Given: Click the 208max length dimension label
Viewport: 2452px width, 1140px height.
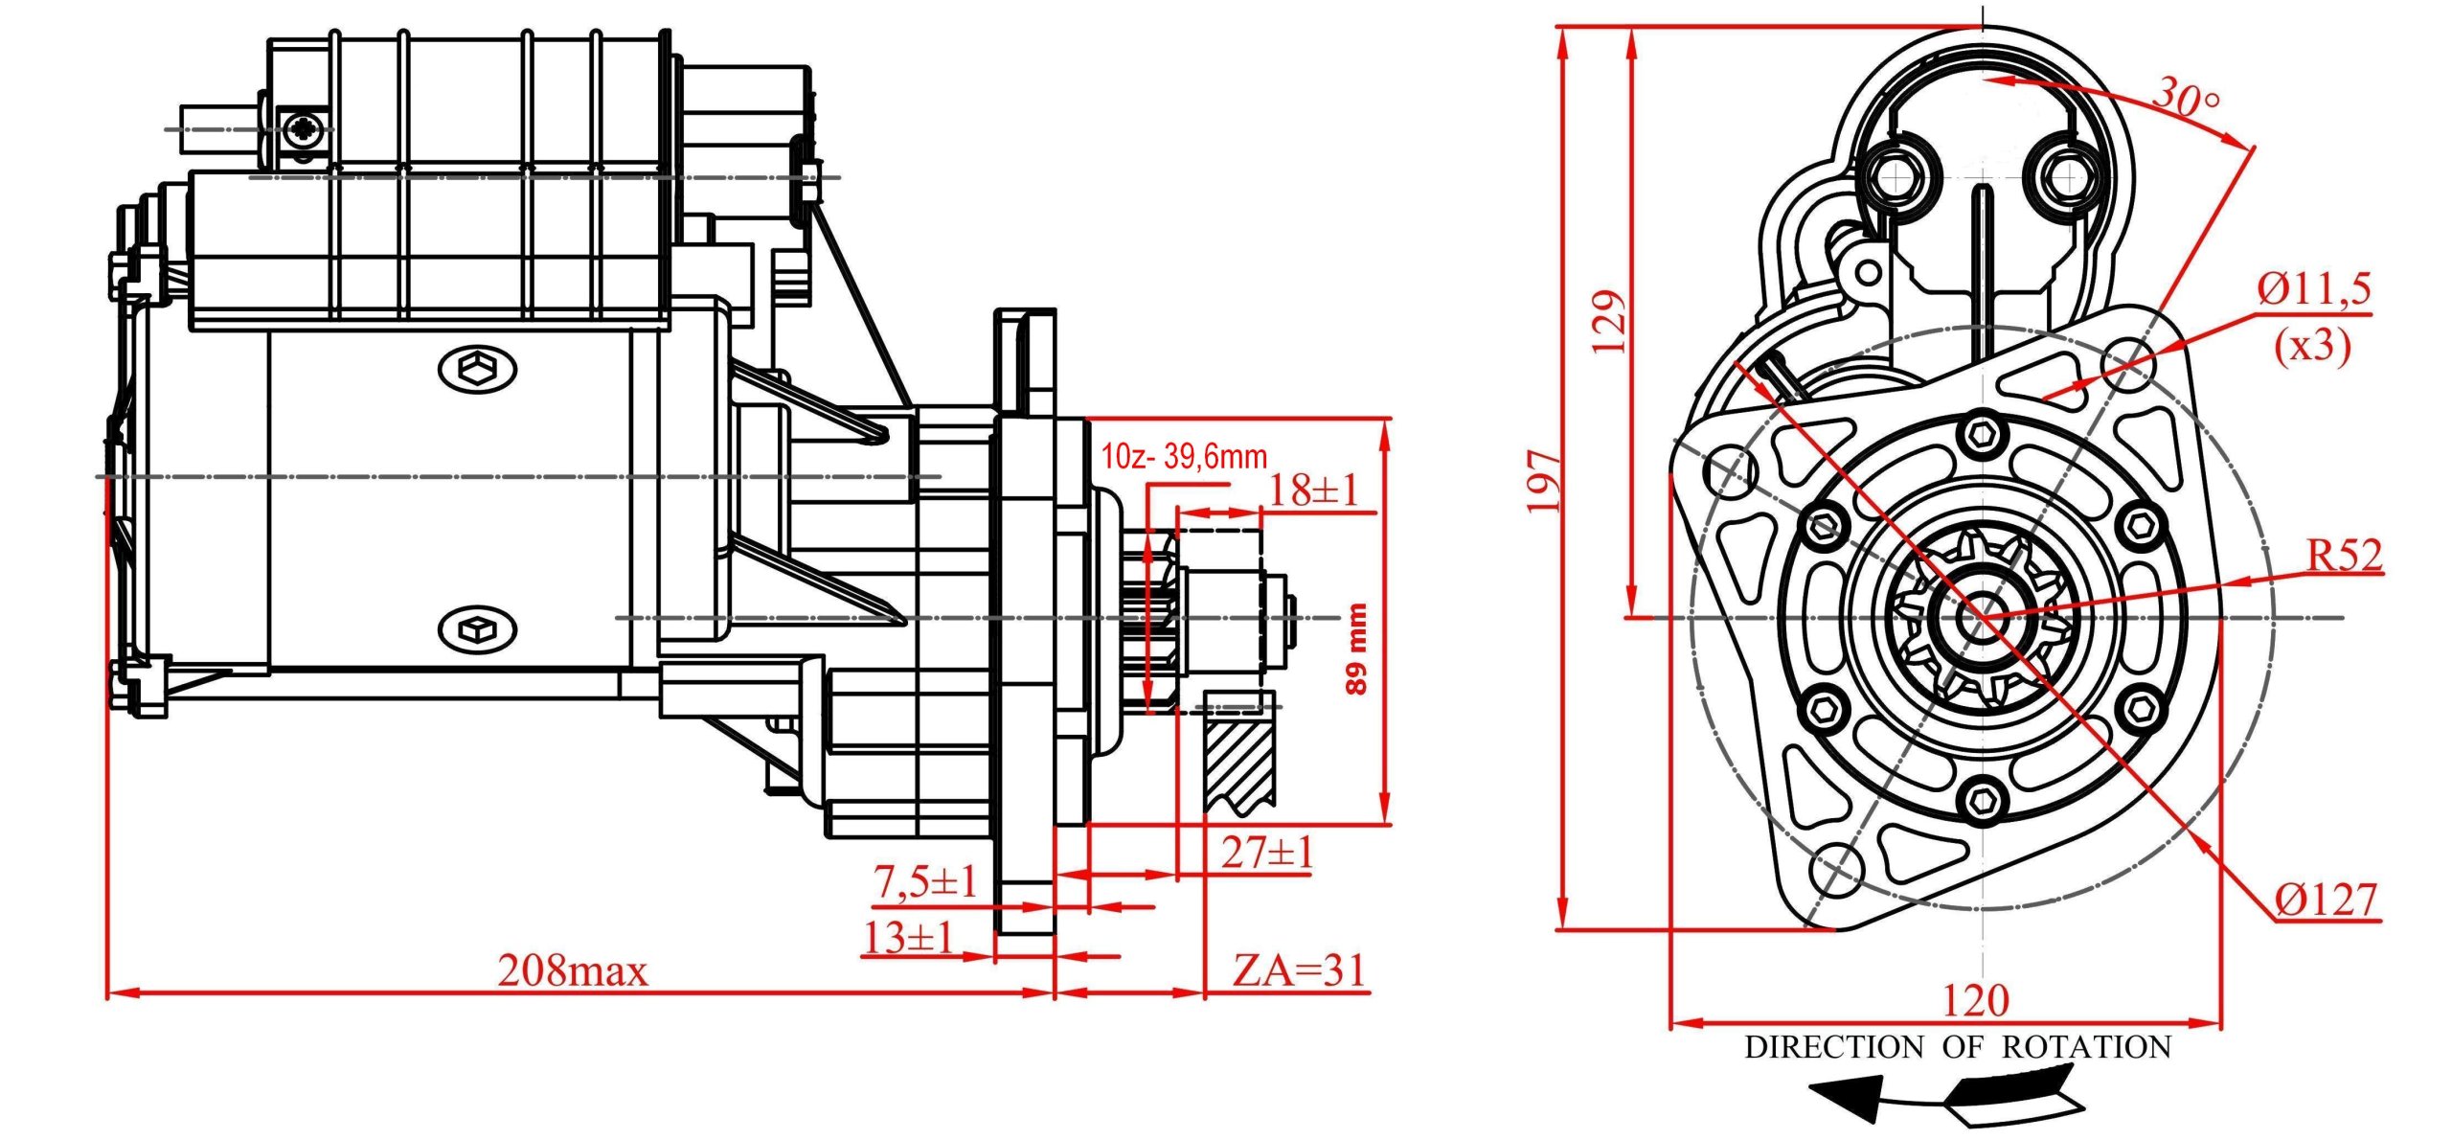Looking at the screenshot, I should pos(572,971).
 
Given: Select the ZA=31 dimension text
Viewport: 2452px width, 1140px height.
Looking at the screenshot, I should pos(1298,970).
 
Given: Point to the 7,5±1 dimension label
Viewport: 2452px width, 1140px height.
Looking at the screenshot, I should pos(924,881).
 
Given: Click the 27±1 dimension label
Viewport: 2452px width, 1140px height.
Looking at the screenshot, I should pos(1266,852).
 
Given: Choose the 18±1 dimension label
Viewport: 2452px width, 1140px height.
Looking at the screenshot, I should pos(1313,490).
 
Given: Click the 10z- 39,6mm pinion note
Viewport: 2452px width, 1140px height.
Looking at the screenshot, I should pos(1184,456).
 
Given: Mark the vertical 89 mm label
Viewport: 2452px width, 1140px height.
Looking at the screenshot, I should pos(1356,649).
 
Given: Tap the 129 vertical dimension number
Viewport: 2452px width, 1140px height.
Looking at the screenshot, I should pos(1609,321).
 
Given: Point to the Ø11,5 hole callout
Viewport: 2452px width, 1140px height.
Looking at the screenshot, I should pos(2314,288).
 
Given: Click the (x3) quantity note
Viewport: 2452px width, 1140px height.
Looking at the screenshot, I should pos(2312,345).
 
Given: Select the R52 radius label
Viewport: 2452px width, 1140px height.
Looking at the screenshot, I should pos(2344,555).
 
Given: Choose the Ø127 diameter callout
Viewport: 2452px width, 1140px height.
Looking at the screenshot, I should pos(2326,900).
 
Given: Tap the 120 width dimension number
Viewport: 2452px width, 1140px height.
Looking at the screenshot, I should pos(1975,1000).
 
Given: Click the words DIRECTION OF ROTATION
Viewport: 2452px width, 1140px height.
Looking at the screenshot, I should pos(1958,1047).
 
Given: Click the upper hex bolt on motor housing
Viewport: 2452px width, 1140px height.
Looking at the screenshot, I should pos(477,368).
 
